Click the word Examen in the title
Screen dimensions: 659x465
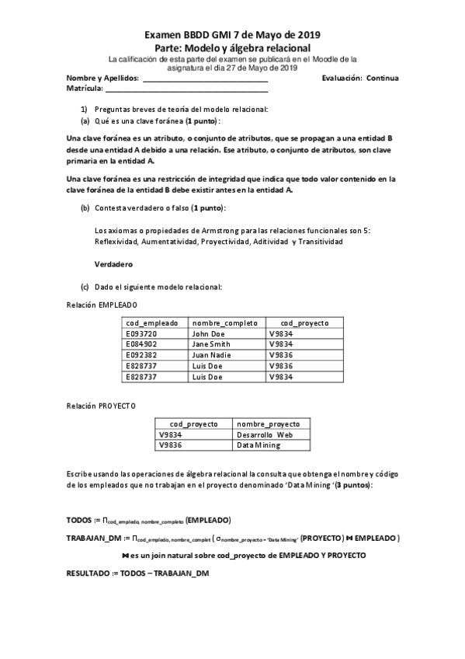pyautogui.click(x=165, y=35)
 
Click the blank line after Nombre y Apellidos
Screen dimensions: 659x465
pyautogui.click(x=205, y=79)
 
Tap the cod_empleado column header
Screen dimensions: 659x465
pyautogui.click(x=152, y=323)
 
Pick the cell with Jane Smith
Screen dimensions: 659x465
pyautogui.click(x=211, y=344)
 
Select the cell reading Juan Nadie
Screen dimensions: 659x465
pyautogui.click(x=212, y=355)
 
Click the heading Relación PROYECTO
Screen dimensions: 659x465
pyautogui.click(x=101, y=406)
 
